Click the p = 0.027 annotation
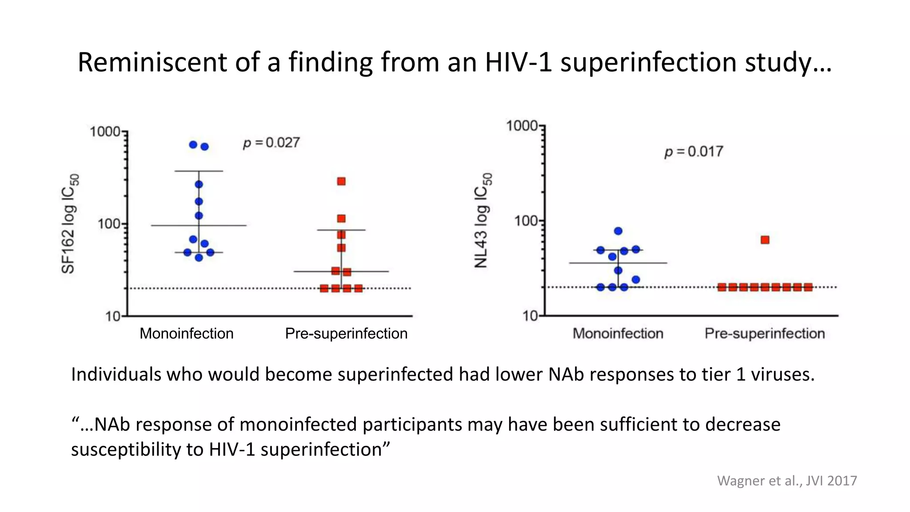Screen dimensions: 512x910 [x=271, y=143]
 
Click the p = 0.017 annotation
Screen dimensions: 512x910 [x=694, y=152]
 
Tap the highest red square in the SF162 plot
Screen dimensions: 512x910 [x=341, y=181]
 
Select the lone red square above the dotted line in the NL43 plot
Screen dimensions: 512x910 [x=765, y=240]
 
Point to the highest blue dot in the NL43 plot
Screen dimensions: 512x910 [x=618, y=231]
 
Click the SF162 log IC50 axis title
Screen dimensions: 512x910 [x=69, y=224]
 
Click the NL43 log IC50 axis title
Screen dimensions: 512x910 [x=483, y=220]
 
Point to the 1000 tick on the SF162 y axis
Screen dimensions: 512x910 [x=105, y=132]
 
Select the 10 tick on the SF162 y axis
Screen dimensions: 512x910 [x=113, y=316]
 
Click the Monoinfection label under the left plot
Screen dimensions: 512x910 [x=186, y=333]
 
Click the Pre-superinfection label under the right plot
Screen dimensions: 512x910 [x=764, y=333]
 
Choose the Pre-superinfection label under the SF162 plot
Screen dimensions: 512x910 [x=346, y=333]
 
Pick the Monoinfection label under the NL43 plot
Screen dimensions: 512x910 [x=618, y=333]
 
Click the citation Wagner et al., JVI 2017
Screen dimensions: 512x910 [x=786, y=480]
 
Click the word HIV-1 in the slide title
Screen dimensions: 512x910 [x=518, y=62]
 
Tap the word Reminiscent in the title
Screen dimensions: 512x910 [x=152, y=62]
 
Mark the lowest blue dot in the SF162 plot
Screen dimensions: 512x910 [x=199, y=258]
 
